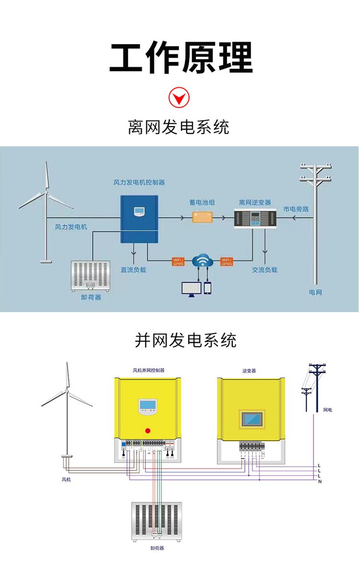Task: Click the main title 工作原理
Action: pyautogui.click(x=181, y=58)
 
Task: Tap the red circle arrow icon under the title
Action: pyautogui.click(x=179, y=98)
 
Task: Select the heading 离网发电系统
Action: pyautogui.click(x=179, y=127)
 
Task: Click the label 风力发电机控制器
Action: pyautogui.click(x=139, y=182)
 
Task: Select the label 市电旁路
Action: pyautogui.click(x=296, y=209)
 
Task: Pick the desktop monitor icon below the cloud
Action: pyautogui.click(x=190, y=288)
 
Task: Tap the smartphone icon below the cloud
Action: pyautogui.click(x=208, y=288)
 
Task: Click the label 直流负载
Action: pyautogui.click(x=133, y=270)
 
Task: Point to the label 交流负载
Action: pyautogui.click(x=264, y=270)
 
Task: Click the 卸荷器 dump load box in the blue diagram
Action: pyautogui.click(x=91, y=276)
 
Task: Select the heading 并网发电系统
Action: pyautogui.click(x=185, y=340)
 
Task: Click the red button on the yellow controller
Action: pyautogui.click(x=148, y=430)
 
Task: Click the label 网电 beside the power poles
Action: pyautogui.click(x=327, y=410)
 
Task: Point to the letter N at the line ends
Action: pyautogui.click(x=320, y=481)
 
